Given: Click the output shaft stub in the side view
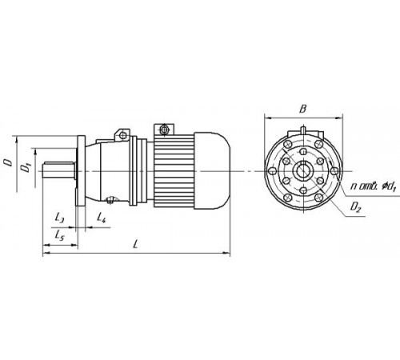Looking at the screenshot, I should click(58, 170).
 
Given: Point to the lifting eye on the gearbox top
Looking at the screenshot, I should click(123, 132).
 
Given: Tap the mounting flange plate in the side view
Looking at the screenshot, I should click(81, 170).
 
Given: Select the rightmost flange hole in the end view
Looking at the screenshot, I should click(334, 170).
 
